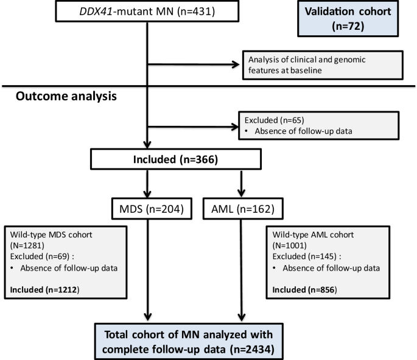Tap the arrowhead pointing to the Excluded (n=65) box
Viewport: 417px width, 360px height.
[x=235, y=126]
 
